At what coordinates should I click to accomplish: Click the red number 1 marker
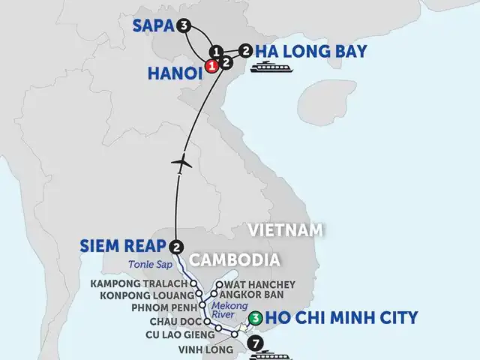coord(213,66)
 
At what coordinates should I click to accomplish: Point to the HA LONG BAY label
coord(310,52)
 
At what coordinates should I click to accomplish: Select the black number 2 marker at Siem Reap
coord(177,246)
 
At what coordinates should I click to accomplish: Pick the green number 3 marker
coord(257,319)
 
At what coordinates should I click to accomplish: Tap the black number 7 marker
coord(259,345)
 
